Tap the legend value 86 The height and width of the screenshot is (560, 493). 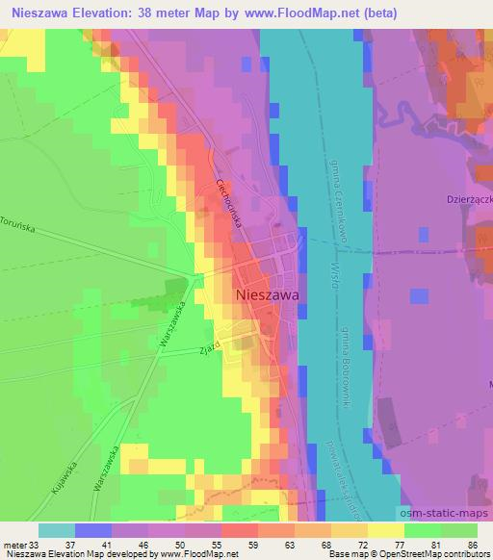point(473,545)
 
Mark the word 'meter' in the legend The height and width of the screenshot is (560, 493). point(15,545)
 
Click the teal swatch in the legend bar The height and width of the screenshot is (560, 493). point(57,530)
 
